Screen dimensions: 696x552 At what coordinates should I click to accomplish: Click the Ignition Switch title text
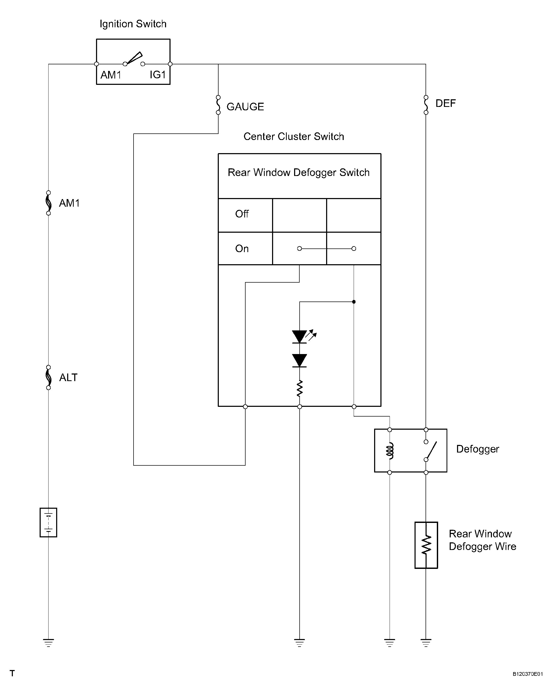point(133,24)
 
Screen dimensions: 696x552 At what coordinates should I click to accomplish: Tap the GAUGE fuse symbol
point(218,105)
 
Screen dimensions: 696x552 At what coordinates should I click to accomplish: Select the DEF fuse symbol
point(426,105)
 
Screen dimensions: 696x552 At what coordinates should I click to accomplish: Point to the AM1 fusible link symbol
point(48,203)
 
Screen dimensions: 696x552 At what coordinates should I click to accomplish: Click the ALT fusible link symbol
point(48,377)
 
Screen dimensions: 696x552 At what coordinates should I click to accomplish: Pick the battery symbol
point(48,522)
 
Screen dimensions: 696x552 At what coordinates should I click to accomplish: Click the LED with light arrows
point(300,336)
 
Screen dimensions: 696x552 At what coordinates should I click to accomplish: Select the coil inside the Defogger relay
point(390,451)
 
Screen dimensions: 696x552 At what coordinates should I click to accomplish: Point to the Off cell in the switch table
point(242,214)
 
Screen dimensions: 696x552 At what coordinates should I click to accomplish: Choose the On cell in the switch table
point(242,248)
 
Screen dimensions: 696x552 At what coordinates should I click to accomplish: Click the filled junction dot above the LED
point(354,302)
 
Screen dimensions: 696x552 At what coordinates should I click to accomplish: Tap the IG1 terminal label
point(158,75)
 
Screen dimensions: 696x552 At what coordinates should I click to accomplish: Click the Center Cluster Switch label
point(293,137)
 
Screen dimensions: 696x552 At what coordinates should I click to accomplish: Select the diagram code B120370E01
point(528,674)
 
